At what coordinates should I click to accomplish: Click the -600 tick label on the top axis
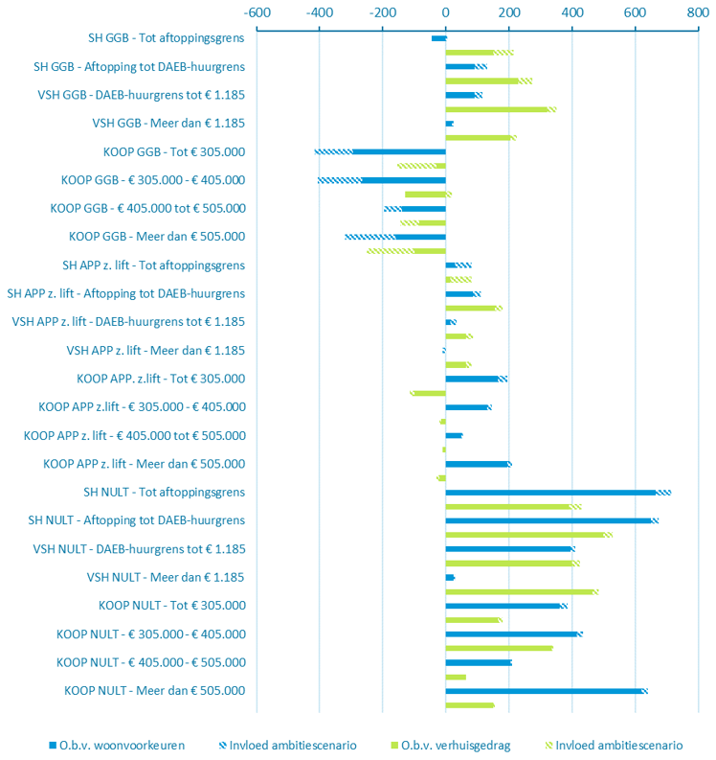tap(256, 13)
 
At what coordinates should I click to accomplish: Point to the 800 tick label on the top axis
tap(698, 13)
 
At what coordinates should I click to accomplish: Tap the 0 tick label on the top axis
tap(445, 13)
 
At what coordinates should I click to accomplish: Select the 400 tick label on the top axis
tap(571, 13)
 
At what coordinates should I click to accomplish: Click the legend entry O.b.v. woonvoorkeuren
tap(116, 745)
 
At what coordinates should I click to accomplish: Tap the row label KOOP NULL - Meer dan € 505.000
tap(155, 690)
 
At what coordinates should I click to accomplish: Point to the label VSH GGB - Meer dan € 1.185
tap(168, 123)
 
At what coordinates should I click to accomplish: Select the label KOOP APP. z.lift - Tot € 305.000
tap(161, 379)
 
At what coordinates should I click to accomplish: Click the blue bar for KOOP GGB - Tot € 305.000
tap(399, 151)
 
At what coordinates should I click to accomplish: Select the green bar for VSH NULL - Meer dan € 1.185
tap(518, 591)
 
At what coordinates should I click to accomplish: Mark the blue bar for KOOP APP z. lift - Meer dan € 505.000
tap(477, 464)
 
